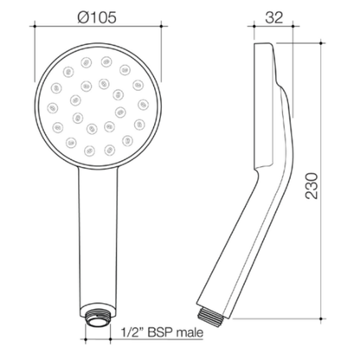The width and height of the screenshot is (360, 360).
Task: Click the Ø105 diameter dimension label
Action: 97,17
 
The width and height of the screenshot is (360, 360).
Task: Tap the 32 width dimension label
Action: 274,17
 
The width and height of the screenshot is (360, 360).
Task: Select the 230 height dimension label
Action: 312,186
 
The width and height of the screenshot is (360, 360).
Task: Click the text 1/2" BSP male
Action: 162,332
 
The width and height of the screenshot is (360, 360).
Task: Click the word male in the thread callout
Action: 190,333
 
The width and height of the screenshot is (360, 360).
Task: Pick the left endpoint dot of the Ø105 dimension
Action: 35,26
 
